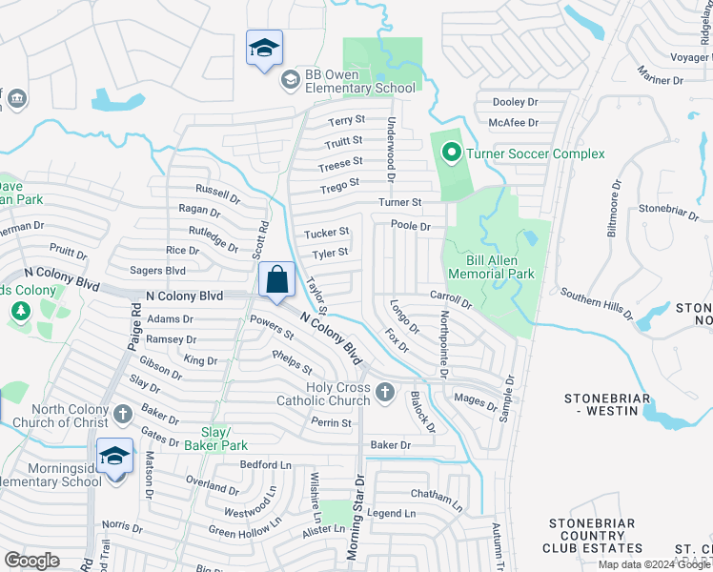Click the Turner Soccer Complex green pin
(449, 153)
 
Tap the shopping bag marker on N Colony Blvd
(276, 281)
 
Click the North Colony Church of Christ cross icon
(122, 414)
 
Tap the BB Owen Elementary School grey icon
(290, 80)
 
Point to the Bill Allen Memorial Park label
(499, 266)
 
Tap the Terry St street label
(347, 121)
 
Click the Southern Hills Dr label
(596, 303)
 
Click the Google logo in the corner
(31, 561)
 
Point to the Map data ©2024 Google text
(654, 564)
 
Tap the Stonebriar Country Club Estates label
(600, 536)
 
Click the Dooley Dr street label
(516, 102)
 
